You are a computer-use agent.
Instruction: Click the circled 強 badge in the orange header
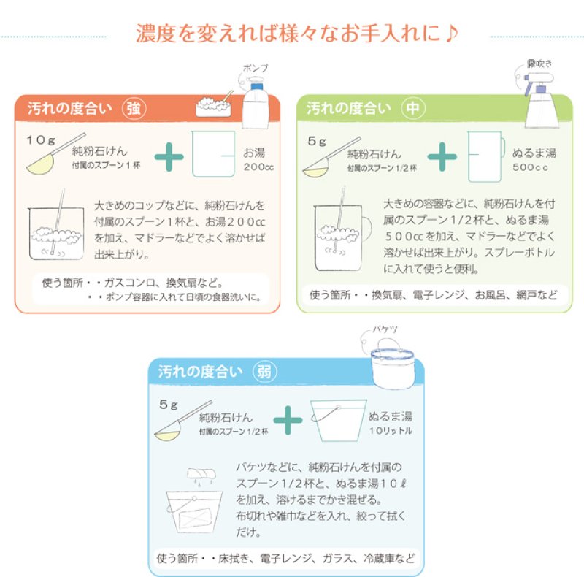tap(134, 109)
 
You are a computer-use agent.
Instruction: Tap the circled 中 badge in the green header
tap(413, 108)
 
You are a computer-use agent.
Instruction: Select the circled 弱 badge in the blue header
tap(264, 371)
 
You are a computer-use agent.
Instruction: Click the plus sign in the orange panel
tap(169, 156)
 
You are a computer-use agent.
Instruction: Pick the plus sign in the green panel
tap(442, 156)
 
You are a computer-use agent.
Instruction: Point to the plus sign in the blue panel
tap(288, 420)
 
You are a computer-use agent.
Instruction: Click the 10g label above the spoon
tap(41, 140)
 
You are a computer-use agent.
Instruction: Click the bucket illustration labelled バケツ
tap(393, 364)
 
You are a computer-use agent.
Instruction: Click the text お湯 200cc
tap(258, 159)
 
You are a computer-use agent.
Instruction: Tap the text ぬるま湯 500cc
tap(534, 159)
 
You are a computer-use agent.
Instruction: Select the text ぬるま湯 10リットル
tap(391, 423)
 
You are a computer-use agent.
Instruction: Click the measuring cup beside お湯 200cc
tap(213, 153)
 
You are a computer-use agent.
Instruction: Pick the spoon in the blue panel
tap(183, 421)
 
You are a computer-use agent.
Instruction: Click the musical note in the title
tap(451, 33)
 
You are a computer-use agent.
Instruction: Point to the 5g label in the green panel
tap(317, 141)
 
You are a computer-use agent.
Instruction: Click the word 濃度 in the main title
tap(155, 33)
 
